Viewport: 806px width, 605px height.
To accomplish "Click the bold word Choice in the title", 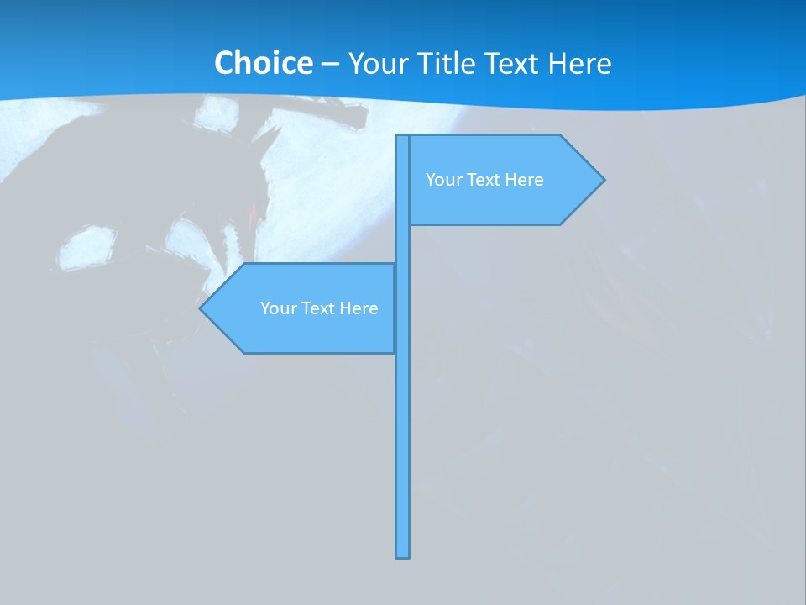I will (263, 63).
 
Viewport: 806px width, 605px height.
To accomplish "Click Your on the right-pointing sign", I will (442, 180).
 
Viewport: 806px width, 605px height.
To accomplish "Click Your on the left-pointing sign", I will (277, 308).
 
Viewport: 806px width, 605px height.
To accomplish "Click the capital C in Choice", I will (225, 63).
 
